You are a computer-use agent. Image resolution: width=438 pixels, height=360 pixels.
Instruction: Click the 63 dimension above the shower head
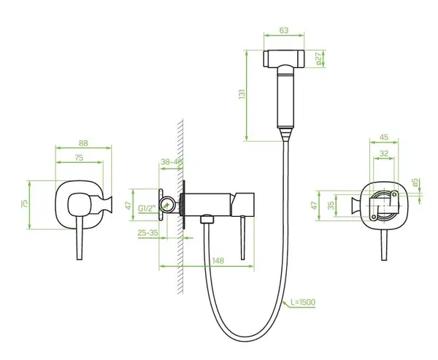(x=283, y=30)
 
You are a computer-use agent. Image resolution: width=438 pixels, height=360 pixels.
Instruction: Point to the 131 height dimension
(x=242, y=93)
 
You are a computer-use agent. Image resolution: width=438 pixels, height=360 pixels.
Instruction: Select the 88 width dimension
(x=83, y=143)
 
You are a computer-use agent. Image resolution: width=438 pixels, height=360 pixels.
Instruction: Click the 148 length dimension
(x=218, y=261)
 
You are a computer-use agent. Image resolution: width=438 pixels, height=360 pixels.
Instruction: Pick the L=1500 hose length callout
(x=303, y=302)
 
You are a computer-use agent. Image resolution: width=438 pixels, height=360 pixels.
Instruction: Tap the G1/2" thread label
(x=147, y=209)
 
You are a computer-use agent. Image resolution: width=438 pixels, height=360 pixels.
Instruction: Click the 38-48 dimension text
(x=172, y=162)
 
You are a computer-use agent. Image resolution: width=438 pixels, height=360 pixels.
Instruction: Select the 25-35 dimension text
(x=147, y=232)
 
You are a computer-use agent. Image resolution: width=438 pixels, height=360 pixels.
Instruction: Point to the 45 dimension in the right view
(x=384, y=137)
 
